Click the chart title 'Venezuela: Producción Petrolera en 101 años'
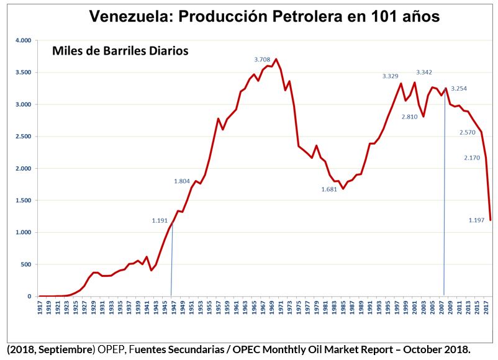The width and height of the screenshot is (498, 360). pos(265,16)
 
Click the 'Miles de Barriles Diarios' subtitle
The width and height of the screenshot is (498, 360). pos(120,50)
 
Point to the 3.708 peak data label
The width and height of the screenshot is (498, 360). pos(263,60)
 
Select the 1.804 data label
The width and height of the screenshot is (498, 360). pos(181,181)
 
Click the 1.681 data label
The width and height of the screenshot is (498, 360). pos(328,189)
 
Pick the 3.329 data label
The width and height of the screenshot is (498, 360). pos(390,76)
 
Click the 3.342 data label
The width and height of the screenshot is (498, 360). pos(424,73)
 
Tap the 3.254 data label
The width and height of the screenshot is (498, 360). pos(459,89)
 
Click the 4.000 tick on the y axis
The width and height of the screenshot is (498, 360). pos(23,40)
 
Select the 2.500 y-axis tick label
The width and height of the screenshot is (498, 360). pos(23,137)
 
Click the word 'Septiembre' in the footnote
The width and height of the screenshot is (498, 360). pos(63,349)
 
